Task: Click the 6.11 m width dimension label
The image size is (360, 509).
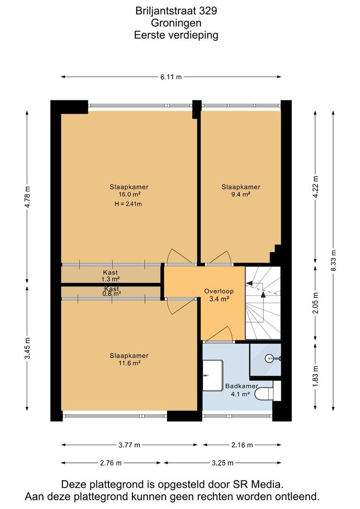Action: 171,77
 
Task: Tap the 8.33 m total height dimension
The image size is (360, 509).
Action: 334,261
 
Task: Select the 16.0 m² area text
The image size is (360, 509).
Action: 129,195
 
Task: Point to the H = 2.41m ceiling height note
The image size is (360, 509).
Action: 128,204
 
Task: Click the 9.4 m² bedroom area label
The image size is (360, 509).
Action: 241,195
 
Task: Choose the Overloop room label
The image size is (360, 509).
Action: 219,291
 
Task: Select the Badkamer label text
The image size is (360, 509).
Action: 242,386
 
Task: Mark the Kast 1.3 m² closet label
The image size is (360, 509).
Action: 110,276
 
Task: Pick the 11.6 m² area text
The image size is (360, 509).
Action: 129,363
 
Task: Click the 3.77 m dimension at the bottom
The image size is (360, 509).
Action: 129,445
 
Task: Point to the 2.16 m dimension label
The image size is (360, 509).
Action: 242,445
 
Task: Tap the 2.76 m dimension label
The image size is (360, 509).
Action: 111,463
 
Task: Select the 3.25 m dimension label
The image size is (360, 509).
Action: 223,463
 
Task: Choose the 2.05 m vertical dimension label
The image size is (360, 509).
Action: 315,303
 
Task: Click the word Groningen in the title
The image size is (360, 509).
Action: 176,23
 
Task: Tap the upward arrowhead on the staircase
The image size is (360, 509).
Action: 263,295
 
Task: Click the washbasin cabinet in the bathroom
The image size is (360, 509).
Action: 213,375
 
